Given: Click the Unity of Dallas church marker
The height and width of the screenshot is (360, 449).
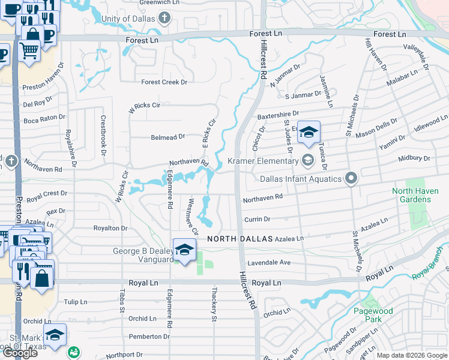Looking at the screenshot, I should (x=165, y=19).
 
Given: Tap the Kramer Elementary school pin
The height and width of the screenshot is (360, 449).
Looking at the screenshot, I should (x=308, y=160).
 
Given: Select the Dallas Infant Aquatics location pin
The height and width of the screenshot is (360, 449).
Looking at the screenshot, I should (x=351, y=178).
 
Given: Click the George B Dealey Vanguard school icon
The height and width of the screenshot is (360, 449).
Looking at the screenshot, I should (x=184, y=250).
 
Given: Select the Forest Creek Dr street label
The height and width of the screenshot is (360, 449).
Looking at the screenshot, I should (x=164, y=82).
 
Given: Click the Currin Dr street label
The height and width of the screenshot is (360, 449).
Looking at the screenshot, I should (x=256, y=219).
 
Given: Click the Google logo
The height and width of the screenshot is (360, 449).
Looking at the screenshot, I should (x=20, y=353).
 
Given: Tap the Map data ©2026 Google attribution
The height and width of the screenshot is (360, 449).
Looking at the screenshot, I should (x=412, y=355).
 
